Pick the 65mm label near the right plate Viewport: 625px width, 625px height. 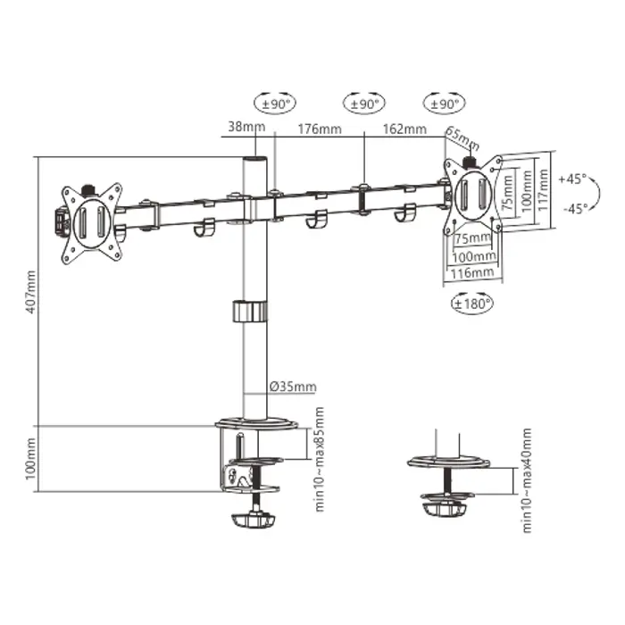click(462, 140)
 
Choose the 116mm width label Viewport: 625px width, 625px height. click(472, 271)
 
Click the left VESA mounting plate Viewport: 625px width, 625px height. click(89, 221)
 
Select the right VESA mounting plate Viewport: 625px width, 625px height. click(473, 195)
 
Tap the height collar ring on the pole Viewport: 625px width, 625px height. click(249, 312)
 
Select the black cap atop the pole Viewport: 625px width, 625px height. click(254, 162)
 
